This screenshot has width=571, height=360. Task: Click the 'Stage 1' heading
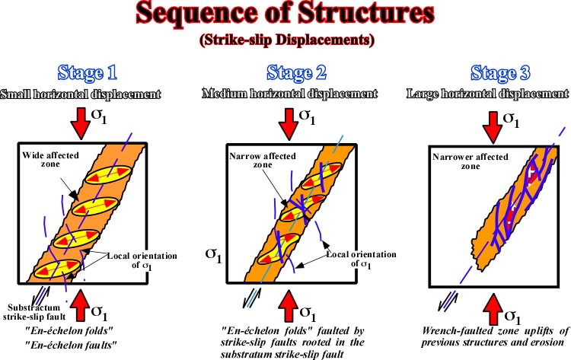pos(87,72)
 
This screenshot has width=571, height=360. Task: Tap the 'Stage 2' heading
pos(296,72)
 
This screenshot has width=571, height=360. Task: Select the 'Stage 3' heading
pos(500,72)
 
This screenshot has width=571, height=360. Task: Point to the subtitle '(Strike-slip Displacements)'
pos(287,40)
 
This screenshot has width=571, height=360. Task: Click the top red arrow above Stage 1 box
pos(81,123)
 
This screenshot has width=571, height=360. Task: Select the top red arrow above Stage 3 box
pos(493,127)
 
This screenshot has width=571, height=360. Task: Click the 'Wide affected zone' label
pos(50,159)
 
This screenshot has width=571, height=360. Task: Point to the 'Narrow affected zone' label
pos(263,160)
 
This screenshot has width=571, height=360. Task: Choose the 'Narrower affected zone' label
pos(471,161)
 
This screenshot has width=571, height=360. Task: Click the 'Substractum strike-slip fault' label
pos(34,312)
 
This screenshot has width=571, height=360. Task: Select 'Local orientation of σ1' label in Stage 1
pos(142,260)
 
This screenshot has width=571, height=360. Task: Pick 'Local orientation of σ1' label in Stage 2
pos(361,259)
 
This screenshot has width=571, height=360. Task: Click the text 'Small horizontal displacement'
pos(81,94)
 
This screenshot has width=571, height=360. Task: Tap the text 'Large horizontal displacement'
pos(487,94)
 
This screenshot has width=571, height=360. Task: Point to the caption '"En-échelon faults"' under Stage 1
pos(71,345)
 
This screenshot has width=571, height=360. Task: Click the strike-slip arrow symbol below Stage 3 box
pos(448,301)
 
